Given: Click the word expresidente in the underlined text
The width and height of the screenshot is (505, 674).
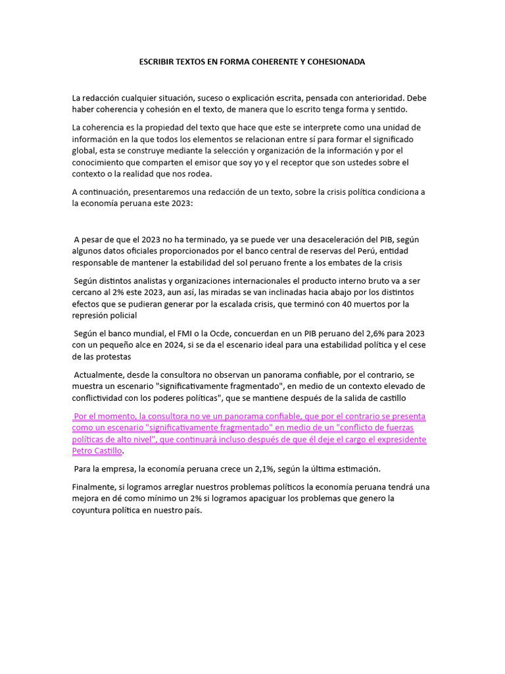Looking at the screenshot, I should coord(398,439).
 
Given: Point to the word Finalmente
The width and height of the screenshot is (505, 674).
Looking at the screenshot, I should coord(94,486).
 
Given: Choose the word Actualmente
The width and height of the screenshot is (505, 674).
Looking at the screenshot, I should coord(100,375).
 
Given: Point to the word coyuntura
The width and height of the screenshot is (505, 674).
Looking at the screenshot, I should coord(95,510).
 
